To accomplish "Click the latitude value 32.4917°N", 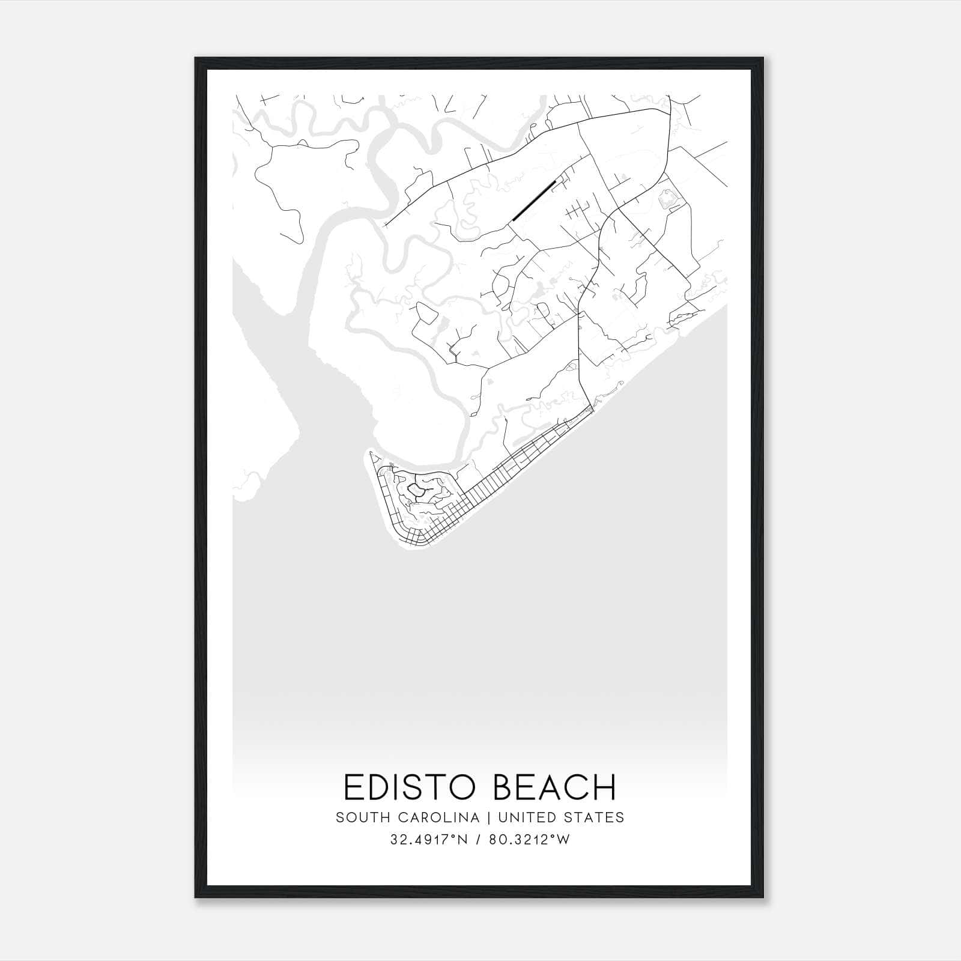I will (x=429, y=840).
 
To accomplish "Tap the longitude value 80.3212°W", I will (x=529, y=840).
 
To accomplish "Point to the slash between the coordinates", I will (x=479, y=840).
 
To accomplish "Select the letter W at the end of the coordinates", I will (x=563, y=840).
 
